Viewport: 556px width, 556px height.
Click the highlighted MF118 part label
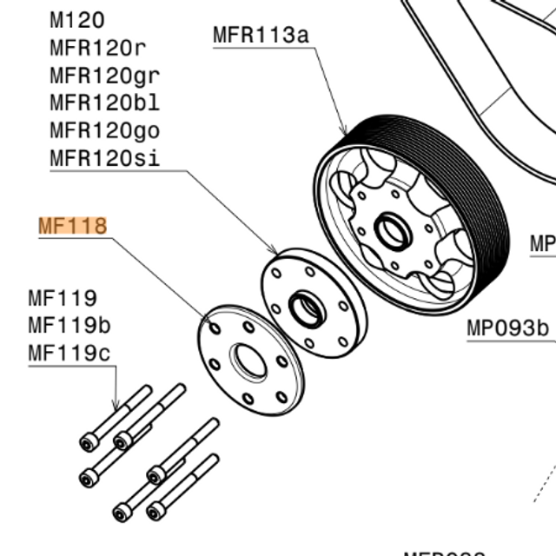click(x=72, y=227)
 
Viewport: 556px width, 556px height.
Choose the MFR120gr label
click(x=105, y=76)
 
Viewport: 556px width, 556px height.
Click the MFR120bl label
click(x=105, y=103)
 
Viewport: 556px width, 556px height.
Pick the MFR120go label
click(x=105, y=131)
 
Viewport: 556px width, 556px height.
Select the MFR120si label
click(x=105, y=159)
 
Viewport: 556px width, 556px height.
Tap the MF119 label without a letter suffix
click(x=63, y=299)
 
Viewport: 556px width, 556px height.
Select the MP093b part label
click(x=509, y=328)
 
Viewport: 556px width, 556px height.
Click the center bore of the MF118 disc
click(x=248, y=361)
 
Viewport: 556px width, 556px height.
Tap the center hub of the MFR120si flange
click(x=307, y=307)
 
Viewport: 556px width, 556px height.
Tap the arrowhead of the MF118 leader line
click(x=215, y=327)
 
